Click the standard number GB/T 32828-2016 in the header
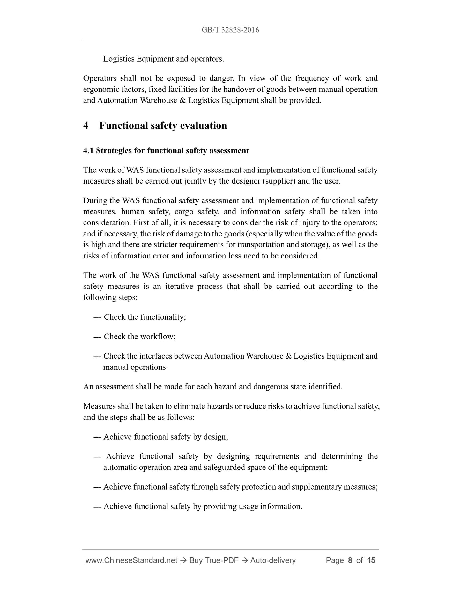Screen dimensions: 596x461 [x=230, y=30]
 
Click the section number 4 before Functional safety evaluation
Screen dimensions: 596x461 [x=86, y=126]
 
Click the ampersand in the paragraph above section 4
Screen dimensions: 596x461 [x=183, y=101]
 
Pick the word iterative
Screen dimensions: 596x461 [x=178, y=287]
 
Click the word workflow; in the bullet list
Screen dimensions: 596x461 [x=158, y=337]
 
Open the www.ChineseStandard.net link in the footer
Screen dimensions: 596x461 [x=132, y=560]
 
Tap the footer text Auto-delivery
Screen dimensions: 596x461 [x=273, y=560]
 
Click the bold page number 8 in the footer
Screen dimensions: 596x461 [x=350, y=560]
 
